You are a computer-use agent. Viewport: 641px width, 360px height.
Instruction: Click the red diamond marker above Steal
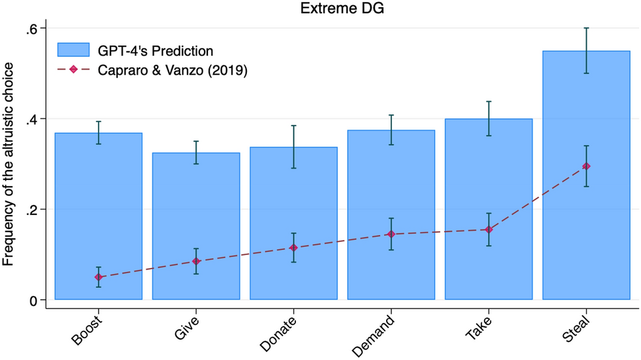tap(586, 166)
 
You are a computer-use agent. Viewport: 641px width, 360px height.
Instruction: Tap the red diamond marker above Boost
tap(98, 277)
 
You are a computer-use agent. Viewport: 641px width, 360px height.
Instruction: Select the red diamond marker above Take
tap(489, 230)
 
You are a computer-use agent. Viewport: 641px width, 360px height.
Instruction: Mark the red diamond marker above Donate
tap(293, 247)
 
